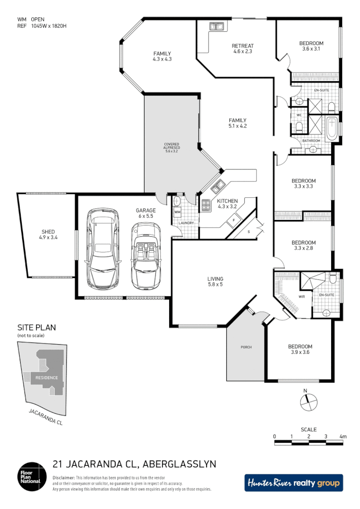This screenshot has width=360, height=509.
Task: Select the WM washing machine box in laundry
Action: (177, 212)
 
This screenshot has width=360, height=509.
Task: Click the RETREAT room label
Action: (243, 46)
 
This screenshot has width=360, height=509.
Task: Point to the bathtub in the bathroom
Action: (332, 128)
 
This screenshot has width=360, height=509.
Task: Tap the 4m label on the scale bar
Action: (343, 436)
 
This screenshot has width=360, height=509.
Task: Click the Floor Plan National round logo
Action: (31, 475)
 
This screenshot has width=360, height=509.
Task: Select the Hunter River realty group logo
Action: (294, 483)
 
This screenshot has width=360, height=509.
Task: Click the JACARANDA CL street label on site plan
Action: (45, 418)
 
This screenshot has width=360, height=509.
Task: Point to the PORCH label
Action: (246, 347)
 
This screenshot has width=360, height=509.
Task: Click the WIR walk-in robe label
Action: (302, 297)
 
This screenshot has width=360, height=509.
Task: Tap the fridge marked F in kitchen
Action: (234, 220)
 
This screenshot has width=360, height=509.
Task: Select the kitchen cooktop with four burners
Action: (206, 206)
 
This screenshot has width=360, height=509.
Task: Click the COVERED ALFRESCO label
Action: (172, 147)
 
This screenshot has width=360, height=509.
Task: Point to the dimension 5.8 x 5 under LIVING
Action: (215, 285)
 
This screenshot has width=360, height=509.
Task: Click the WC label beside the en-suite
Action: (298, 115)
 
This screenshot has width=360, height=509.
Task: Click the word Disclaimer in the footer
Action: (63, 478)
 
